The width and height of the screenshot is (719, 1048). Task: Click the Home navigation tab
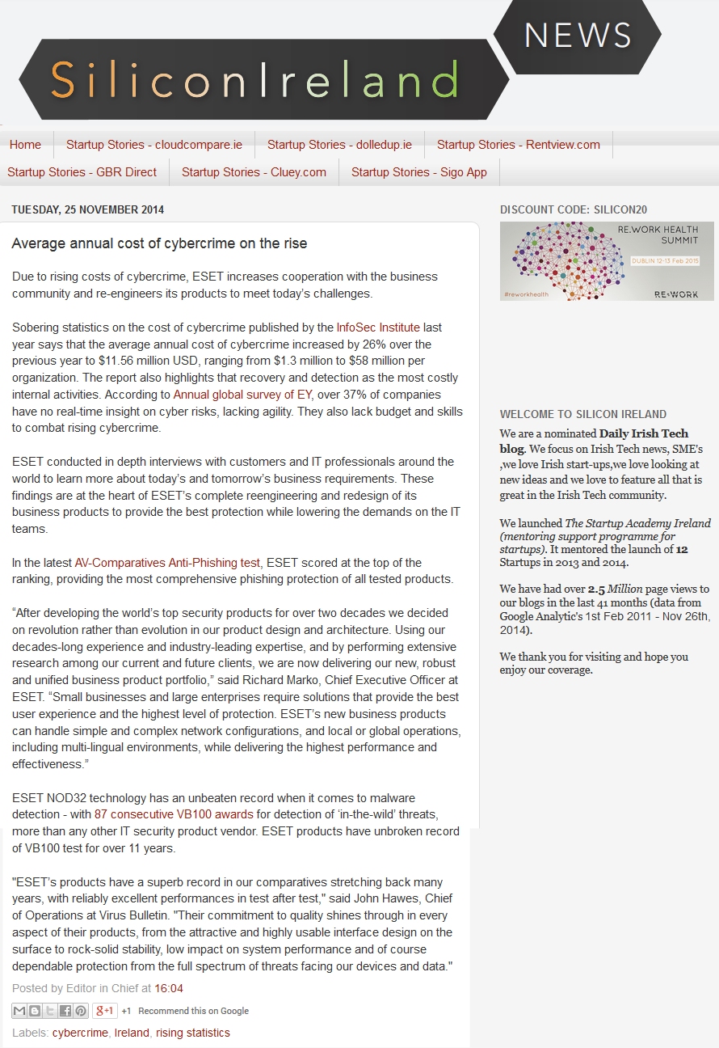pyautogui.click(x=25, y=145)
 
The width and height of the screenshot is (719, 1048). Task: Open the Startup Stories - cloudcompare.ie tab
pyautogui.click(x=154, y=145)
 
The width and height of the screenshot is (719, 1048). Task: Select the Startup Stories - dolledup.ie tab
pyautogui.click(x=339, y=145)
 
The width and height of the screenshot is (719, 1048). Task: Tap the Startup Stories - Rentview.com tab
pyautogui.click(x=519, y=145)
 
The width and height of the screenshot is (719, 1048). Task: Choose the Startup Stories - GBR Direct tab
pyautogui.click(x=82, y=172)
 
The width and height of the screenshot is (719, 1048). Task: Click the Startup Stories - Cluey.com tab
pyautogui.click(x=254, y=172)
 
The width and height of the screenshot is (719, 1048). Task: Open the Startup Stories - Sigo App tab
pyautogui.click(x=419, y=172)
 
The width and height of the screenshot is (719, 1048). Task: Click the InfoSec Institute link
pyautogui.click(x=378, y=327)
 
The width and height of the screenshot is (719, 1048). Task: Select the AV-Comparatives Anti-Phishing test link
pyautogui.click(x=167, y=563)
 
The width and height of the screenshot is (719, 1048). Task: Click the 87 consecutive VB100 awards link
pyautogui.click(x=174, y=814)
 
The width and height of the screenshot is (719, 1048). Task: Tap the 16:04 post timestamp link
pyautogui.click(x=169, y=988)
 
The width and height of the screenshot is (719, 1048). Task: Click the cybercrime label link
pyautogui.click(x=80, y=1033)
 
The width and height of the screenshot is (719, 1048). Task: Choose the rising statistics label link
pyautogui.click(x=193, y=1033)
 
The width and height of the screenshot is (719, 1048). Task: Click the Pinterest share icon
pyautogui.click(x=81, y=1011)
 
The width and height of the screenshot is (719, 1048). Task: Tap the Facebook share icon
pyautogui.click(x=65, y=1011)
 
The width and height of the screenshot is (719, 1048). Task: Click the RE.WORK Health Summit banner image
pyautogui.click(x=607, y=261)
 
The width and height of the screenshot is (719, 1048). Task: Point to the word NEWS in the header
pyautogui.click(x=578, y=36)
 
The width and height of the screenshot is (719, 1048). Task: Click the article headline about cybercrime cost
pyautogui.click(x=159, y=243)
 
